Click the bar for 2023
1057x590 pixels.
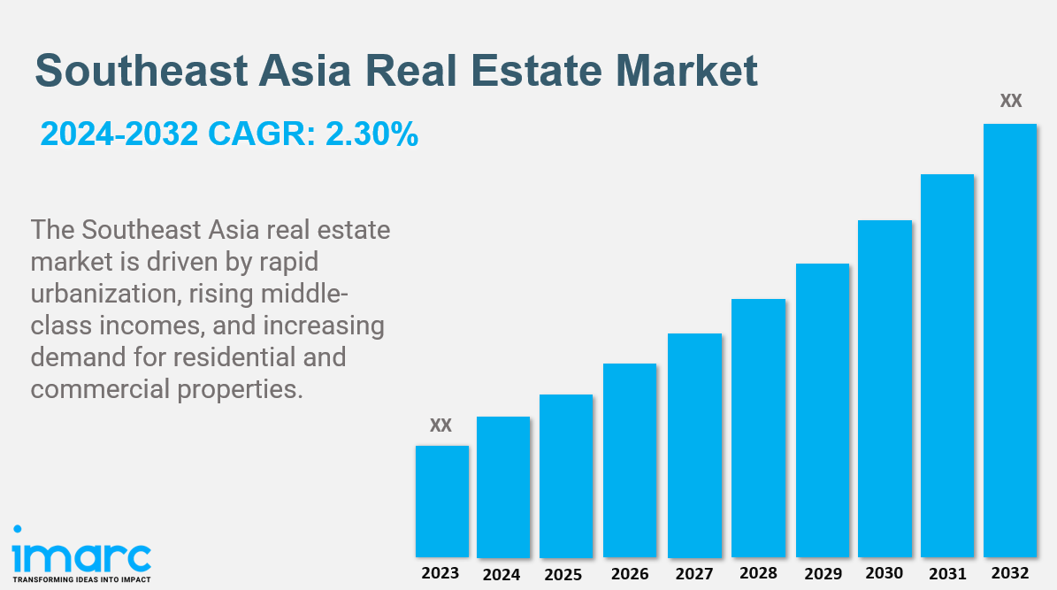click(x=441, y=501)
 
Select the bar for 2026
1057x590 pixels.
click(x=630, y=460)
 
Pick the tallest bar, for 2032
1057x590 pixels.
click(x=1010, y=340)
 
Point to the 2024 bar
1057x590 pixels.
click(x=503, y=487)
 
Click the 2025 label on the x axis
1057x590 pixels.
click(x=563, y=574)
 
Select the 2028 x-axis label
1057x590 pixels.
click(x=758, y=573)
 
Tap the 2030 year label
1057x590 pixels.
click(x=885, y=572)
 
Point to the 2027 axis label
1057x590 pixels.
click(x=693, y=574)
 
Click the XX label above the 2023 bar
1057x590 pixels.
click(x=440, y=425)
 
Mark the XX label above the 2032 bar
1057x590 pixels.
click(x=1011, y=101)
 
